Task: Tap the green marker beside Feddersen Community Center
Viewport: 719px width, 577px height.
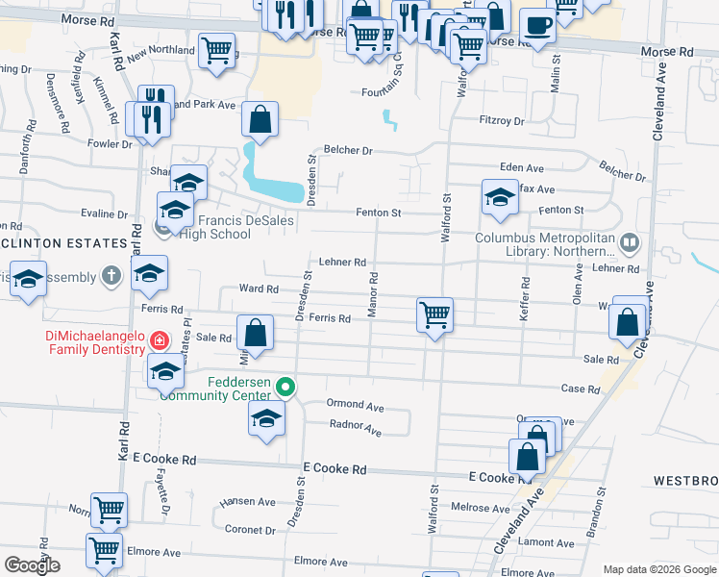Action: pyautogui.click(x=285, y=389)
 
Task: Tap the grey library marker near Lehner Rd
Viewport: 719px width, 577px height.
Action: pyautogui.click(x=630, y=242)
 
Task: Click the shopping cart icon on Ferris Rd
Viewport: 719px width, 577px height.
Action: pyautogui.click(x=434, y=314)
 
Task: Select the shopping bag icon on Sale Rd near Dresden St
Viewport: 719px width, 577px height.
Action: pyautogui.click(x=256, y=334)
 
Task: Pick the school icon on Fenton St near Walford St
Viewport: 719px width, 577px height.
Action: pyautogui.click(x=499, y=197)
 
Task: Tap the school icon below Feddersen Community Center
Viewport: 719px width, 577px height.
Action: pyautogui.click(x=267, y=418)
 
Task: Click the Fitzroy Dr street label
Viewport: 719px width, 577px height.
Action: pyautogui.click(x=502, y=121)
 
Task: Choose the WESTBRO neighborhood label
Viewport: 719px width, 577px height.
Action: pyautogui.click(x=686, y=479)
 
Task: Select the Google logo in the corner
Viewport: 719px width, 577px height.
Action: pyautogui.click(x=32, y=565)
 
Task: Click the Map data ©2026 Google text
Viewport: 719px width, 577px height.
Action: pyautogui.click(x=658, y=569)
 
